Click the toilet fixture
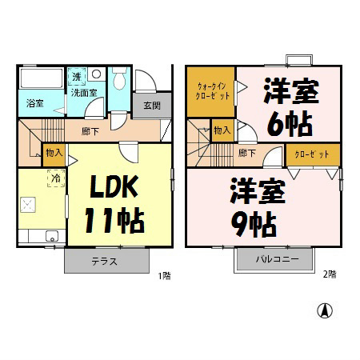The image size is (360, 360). point(119,78)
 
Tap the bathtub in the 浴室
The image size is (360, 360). point(42,78)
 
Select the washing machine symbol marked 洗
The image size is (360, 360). point(77,77)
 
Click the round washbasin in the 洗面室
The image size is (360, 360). point(96,74)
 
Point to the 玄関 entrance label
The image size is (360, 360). point(152,106)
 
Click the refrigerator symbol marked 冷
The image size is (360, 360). point(56,178)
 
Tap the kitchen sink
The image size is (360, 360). point(52,236)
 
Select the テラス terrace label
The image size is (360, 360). point(104,262)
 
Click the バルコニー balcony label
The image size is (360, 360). point(278,259)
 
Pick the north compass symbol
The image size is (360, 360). point(325,310)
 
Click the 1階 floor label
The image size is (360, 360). point(165,276)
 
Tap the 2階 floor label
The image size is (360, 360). point(330,274)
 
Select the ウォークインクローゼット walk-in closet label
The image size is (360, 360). point(212,91)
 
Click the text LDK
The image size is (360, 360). point(114,186)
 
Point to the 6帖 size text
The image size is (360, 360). point(290,124)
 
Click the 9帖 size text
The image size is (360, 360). point(254,224)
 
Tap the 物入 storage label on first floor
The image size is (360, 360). point(54,153)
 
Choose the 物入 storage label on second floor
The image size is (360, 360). point(222,130)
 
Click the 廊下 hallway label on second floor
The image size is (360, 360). point(247,153)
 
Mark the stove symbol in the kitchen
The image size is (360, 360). point(28,205)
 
